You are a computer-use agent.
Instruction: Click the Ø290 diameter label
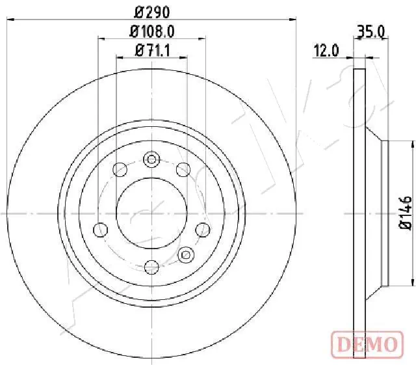point(151,12)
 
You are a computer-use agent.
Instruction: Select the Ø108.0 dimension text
point(152,31)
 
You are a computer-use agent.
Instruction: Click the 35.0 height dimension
point(371,31)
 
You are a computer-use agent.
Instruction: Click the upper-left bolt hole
point(120,170)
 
